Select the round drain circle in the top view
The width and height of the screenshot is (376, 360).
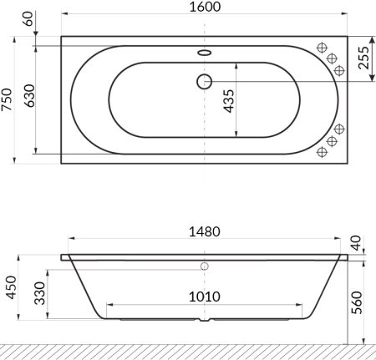pyautogui.click(x=203, y=81)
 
